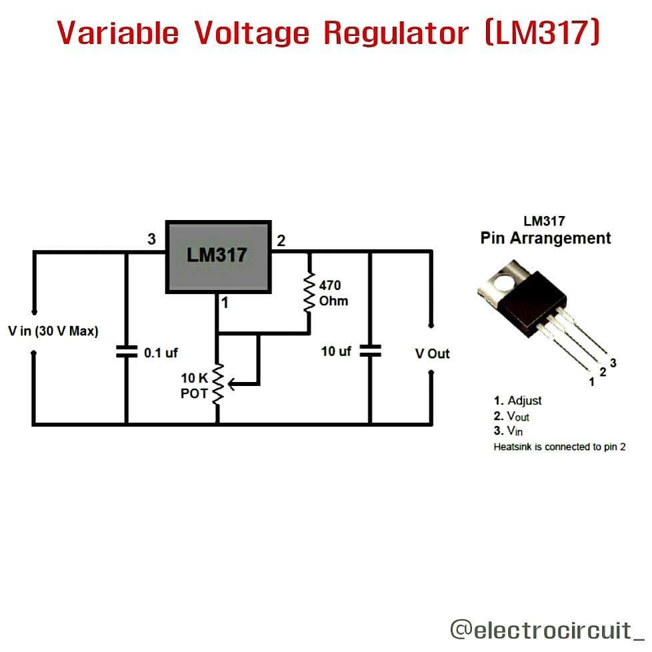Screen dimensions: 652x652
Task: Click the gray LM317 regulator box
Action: (218, 256)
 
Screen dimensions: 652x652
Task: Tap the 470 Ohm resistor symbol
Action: (309, 293)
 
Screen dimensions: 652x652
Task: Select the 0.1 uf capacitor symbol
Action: (125, 351)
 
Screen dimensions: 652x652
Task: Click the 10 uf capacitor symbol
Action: (369, 351)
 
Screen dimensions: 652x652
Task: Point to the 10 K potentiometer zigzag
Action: (217, 384)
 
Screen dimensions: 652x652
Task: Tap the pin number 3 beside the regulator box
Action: (152, 239)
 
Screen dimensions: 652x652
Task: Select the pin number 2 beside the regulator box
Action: (281, 241)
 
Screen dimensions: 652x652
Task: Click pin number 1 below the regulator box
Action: (225, 303)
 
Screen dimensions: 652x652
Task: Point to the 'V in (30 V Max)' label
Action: (53, 331)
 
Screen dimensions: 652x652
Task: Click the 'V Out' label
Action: (432, 353)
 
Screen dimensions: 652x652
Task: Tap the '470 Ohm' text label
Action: (333, 293)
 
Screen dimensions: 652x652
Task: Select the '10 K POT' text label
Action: (194, 386)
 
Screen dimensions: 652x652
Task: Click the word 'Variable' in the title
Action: (118, 33)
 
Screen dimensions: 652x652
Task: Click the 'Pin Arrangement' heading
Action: (545, 238)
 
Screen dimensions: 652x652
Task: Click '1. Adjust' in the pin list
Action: (517, 401)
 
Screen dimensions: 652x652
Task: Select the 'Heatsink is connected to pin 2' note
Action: (559, 447)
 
